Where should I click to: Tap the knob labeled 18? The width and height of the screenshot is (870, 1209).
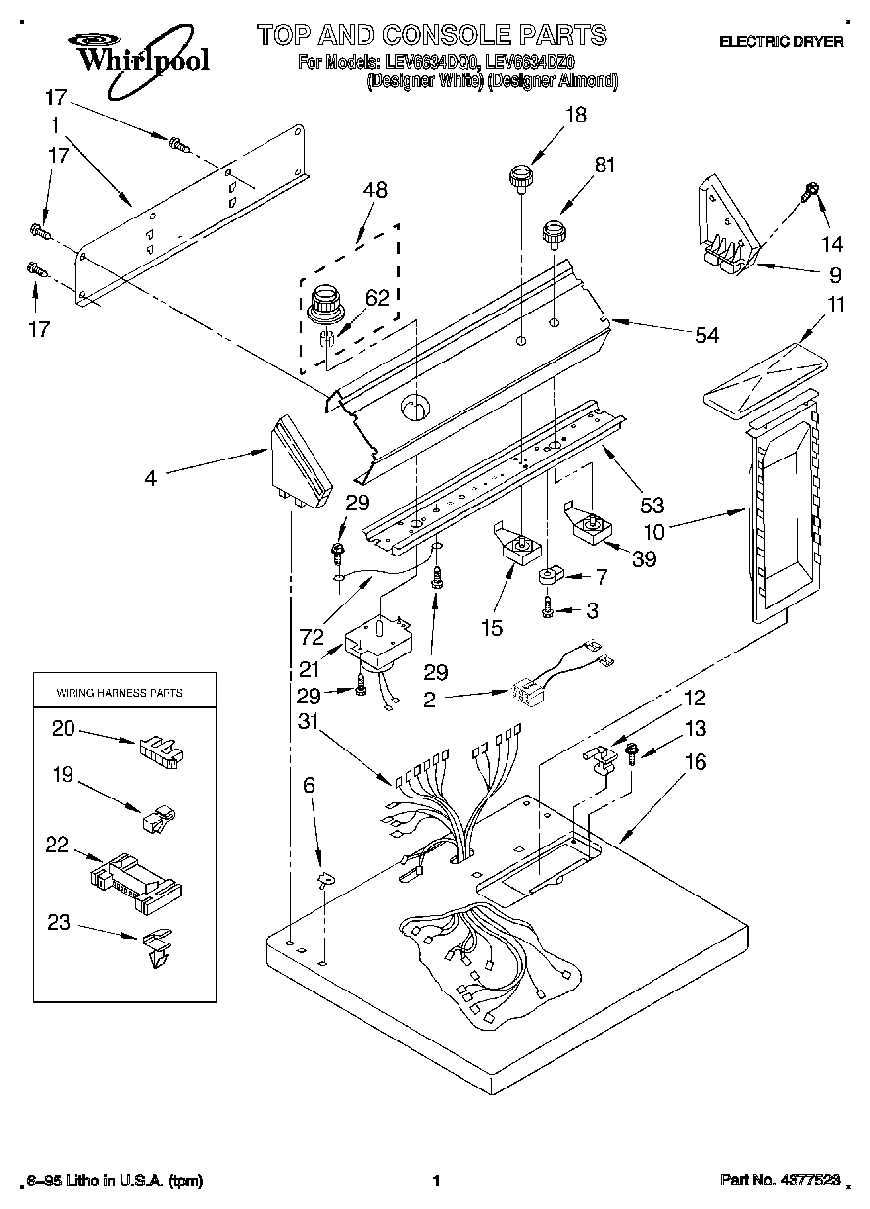(x=519, y=180)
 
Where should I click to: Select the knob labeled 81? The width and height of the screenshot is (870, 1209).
(x=556, y=234)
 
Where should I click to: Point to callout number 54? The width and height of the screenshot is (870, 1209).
(x=705, y=336)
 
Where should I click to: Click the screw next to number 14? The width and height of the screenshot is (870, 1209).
(x=810, y=192)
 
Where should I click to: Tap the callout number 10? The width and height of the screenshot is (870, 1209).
(x=653, y=532)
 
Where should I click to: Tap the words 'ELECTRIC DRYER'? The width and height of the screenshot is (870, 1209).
(x=781, y=42)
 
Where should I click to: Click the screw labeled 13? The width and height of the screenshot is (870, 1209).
(x=631, y=754)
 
